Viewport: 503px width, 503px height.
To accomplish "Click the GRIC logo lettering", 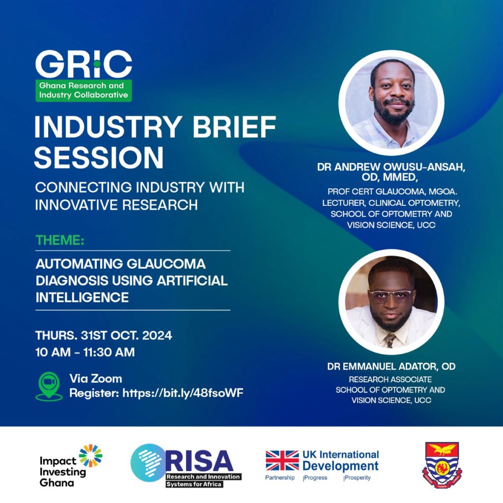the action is click(84, 64).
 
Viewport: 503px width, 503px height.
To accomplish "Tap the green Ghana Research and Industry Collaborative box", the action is click(84, 90).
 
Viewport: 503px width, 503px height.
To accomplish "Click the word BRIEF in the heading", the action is click(234, 127).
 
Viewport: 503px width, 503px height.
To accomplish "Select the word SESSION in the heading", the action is click(99, 157).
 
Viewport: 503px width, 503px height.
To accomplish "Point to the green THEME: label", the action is click(60, 240).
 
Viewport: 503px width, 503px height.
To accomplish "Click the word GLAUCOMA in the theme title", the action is click(166, 264).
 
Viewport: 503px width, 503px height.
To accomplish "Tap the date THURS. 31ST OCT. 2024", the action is click(104, 335).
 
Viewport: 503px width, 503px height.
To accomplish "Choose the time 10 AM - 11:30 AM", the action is click(85, 352).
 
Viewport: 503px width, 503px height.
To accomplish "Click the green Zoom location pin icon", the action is click(49, 386).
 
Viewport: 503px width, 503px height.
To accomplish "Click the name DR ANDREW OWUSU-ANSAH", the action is click(391, 167).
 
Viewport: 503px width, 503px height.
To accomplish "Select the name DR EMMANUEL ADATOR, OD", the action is click(391, 366).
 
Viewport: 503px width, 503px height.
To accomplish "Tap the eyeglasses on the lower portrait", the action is click(391, 296).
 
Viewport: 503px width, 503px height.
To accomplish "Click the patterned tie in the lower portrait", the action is click(390, 340).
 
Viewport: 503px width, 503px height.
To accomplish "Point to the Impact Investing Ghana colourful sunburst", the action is click(90, 455).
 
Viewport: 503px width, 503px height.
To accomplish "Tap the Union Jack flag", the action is click(282, 460).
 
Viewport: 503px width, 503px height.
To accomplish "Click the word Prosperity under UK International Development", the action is click(358, 477).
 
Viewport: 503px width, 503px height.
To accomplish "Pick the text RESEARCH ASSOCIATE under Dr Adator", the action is click(390, 380).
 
